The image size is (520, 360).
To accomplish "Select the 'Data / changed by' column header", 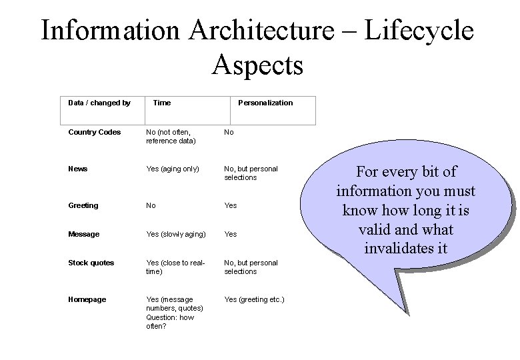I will pos(99,103).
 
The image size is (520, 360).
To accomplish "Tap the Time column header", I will pos(162,103).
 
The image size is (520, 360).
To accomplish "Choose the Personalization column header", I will pos(265,103).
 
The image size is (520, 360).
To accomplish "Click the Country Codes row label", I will pos(94,132).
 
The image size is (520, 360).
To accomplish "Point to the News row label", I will pos(78,169).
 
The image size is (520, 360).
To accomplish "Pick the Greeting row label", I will pos(83,205).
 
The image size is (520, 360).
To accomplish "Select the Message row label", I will pos(84,234).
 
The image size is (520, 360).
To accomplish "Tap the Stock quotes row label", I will pos(91,263).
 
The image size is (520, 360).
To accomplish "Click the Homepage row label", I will pos(87,299).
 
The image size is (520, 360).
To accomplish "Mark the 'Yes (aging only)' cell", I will pos(173,169).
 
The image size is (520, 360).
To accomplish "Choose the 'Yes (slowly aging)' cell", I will pos(175,234).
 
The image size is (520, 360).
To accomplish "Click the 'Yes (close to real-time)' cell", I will pos(175,267).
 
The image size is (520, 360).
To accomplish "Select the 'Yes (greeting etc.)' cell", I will pos(254,299).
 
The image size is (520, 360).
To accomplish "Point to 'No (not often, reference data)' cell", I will pos(171,136).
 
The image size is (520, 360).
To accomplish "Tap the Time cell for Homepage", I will pos(175,312).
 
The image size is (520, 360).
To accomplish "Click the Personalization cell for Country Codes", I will pos(229,132).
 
